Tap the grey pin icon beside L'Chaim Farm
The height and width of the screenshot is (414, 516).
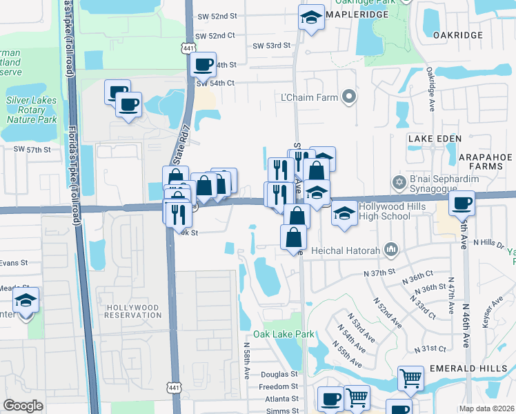point(349,97)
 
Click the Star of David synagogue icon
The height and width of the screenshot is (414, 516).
point(397,182)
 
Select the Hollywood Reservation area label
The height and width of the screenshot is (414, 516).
point(132,311)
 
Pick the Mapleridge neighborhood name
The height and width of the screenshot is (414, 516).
point(361,13)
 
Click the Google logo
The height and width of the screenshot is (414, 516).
point(22,405)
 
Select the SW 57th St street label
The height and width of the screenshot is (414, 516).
point(32,149)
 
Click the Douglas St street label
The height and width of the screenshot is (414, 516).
point(279,375)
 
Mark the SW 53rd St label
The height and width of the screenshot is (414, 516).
point(271,46)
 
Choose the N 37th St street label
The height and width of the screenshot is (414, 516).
point(381,273)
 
